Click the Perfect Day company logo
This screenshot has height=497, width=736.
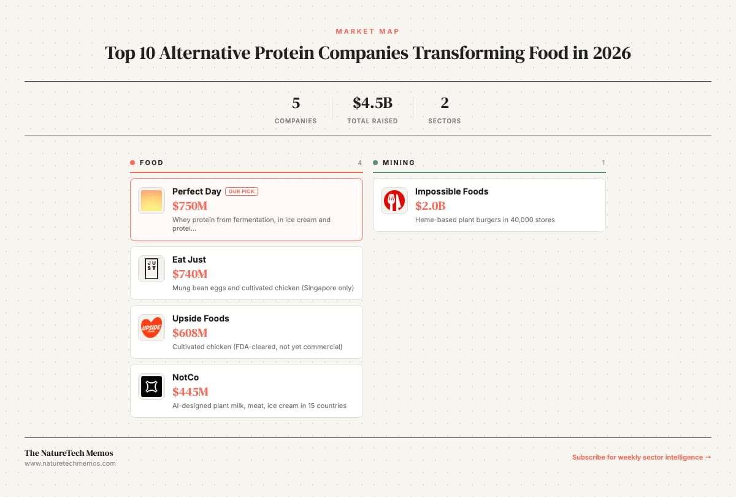click(x=151, y=201)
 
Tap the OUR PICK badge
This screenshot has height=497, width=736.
click(x=242, y=191)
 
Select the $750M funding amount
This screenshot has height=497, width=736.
click(x=190, y=206)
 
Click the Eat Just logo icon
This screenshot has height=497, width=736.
click(x=151, y=269)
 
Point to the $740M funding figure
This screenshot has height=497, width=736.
click(x=190, y=274)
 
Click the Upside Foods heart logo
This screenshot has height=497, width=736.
click(x=151, y=328)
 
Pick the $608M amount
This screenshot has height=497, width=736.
click(x=190, y=333)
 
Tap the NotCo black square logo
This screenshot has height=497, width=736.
click(x=151, y=386)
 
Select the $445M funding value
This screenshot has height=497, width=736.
click(x=190, y=391)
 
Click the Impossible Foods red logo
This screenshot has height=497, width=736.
click(x=394, y=201)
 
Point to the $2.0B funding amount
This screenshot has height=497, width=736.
click(x=431, y=206)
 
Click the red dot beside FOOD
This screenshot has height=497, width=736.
click(x=132, y=163)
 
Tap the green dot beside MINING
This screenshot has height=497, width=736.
click(x=375, y=163)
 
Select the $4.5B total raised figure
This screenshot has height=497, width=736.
click(x=373, y=103)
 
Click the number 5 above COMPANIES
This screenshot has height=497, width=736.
click(x=296, y=103)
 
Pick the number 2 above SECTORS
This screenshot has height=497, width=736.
click(x=445, y=103)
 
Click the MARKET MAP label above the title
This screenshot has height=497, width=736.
click(x=367, y=31)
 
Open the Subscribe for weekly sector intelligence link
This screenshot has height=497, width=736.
click(x=642, y=457)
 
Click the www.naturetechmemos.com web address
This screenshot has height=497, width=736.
click(x=70, y=463)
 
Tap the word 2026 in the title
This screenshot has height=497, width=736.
click(x=612, y=53)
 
